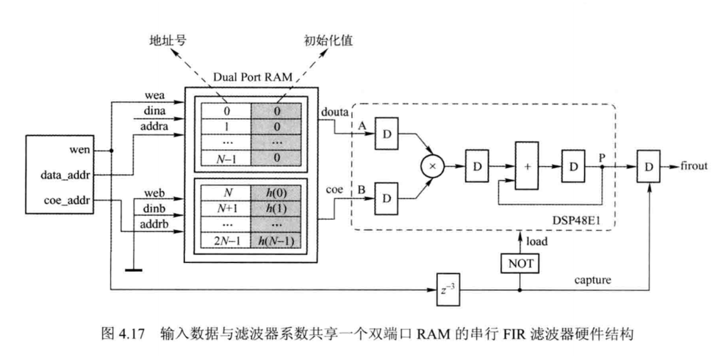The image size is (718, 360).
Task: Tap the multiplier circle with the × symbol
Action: [434, 167]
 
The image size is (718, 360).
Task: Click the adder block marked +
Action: [526, 167]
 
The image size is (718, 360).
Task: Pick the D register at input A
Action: [386, 134]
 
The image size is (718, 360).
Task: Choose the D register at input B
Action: [386, 197]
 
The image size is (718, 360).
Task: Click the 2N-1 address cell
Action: [226, 240]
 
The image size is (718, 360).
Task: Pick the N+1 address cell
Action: [226, 209]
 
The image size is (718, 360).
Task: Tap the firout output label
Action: [694, 166]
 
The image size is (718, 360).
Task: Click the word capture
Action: [588, 278]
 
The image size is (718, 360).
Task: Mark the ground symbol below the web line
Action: [133, 270]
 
